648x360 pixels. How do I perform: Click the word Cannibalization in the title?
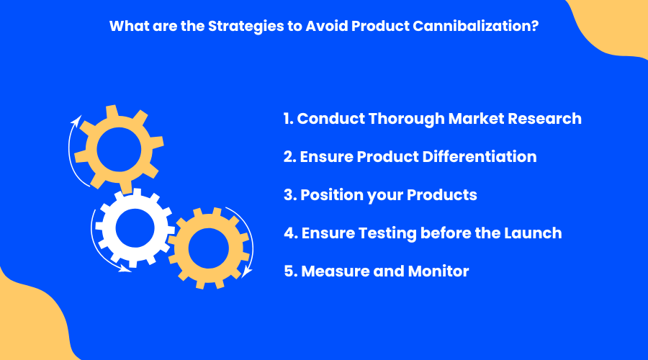[476, 26]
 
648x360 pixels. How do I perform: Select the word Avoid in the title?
[327, 26]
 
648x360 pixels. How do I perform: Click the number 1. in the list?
[289, 119]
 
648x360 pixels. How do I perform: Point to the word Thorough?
[406, 120]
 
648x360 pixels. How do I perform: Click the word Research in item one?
[544, 119]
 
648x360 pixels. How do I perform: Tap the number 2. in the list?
[290, 157]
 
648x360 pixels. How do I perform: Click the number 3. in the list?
[291, 195]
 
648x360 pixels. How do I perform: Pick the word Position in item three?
[332, 195]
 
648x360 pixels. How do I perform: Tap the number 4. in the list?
[291, 233]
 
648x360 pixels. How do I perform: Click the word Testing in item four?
[387, 234]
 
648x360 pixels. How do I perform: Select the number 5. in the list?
[291, 271]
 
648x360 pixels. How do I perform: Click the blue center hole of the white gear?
[135, 228]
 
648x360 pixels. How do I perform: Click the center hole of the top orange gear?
[119, 149]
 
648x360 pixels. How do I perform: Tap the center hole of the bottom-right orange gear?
[209, 248]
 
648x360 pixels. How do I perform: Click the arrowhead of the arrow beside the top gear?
[77, 120]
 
